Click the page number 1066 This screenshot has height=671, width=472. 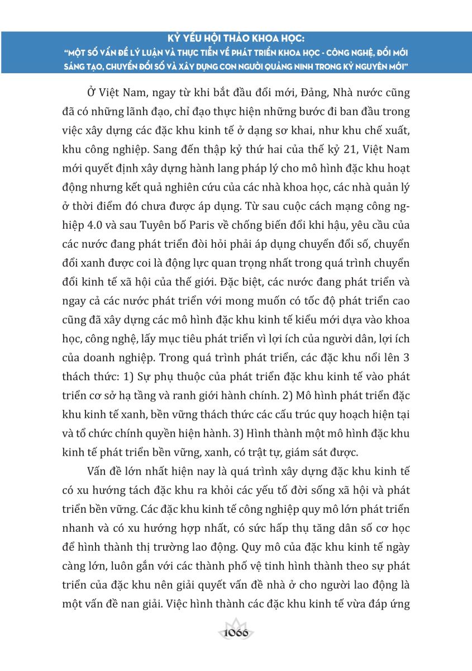236,634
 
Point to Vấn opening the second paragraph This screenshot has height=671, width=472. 99,471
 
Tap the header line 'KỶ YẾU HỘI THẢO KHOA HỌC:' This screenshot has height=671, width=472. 236,40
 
